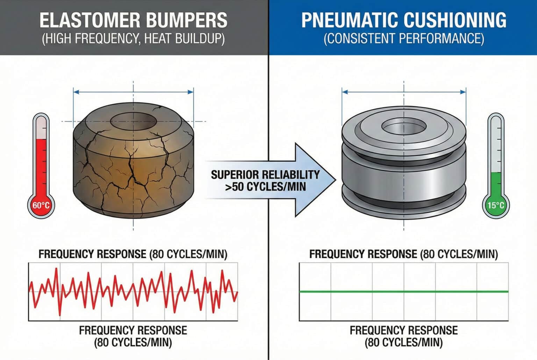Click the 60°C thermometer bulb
point(41,205)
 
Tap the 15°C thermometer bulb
point(496,205)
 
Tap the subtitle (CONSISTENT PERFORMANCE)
point(404,38)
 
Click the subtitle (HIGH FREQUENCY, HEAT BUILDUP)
point(134,38)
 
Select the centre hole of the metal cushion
point(404,126)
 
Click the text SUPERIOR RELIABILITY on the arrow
point(265,175)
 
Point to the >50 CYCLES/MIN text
point(266,187)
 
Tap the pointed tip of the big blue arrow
point(336,180)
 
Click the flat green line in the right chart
point(404,291)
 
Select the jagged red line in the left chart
point(133,291)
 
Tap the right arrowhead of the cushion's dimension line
point(463,92)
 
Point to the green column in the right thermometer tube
point(496,183)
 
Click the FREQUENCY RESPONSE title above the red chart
point(133,254)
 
